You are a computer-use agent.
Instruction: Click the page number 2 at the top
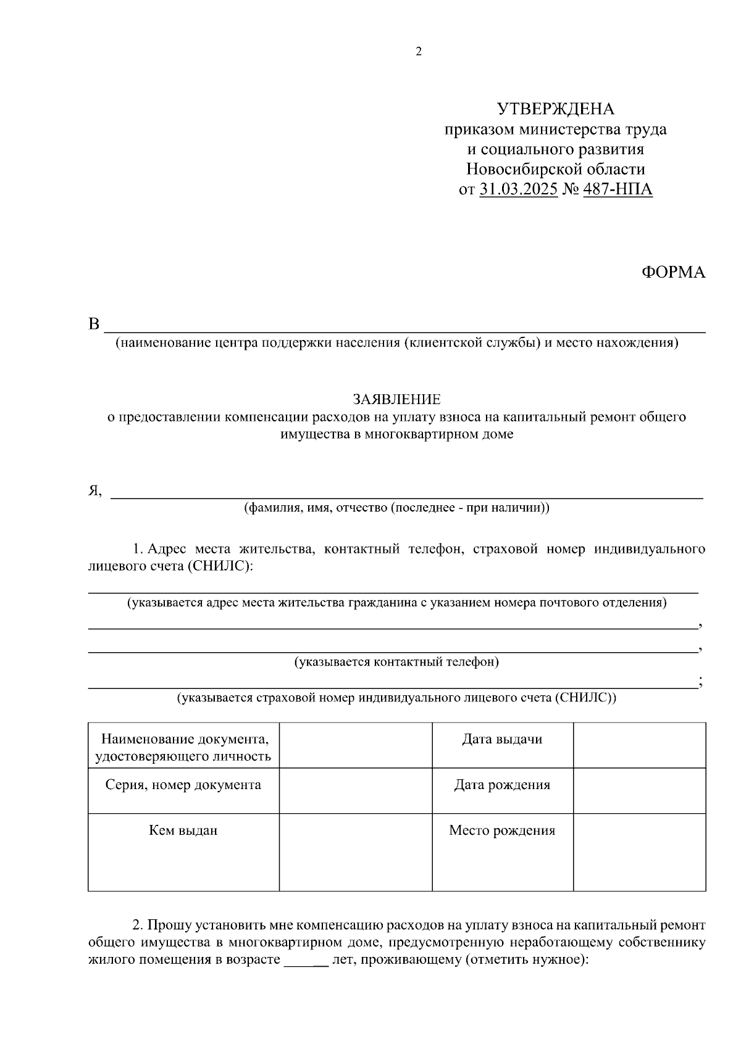(419, 52)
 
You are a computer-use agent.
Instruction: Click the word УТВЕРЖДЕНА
(556, 110)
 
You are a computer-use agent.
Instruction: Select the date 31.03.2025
(519, 189)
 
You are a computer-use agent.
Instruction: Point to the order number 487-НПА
(617, 189)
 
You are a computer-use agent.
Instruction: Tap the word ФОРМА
(674, 273)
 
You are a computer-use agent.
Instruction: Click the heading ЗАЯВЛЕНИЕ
(397, 399)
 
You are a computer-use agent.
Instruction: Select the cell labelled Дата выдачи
(502, 739)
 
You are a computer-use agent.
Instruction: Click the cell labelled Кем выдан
(183, 830)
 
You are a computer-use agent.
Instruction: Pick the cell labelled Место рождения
(502, 830)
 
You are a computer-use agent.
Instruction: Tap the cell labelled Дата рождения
(502, 785)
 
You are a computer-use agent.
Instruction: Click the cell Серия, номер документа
(183, 785)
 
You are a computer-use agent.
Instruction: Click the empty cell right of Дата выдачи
(639, 745)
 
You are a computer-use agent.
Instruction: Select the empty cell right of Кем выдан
(356, 852)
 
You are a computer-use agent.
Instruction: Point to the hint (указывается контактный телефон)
(396, 663)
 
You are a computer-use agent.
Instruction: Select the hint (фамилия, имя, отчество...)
(396, 508)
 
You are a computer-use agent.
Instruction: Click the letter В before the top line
(94, 324)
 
